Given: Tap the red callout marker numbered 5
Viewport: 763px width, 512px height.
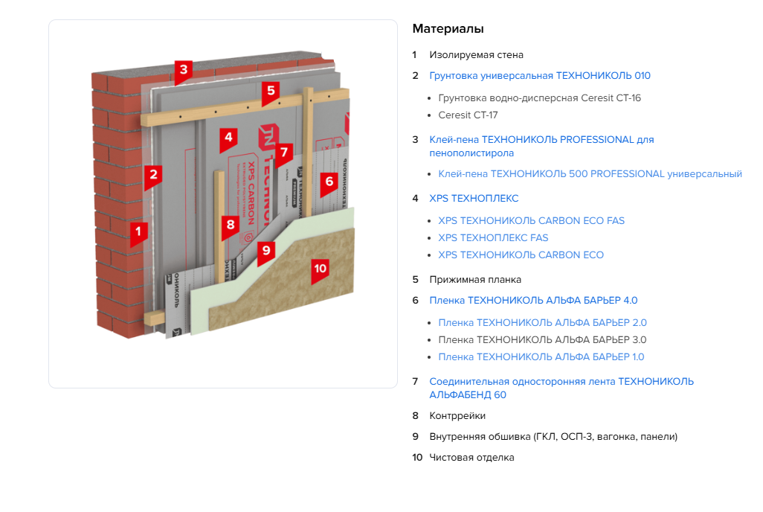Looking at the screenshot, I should (x=271, y=91).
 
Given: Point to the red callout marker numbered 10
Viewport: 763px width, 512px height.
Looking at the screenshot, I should (x=321, y=268).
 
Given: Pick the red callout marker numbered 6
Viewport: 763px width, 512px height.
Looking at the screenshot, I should (x=329, y=180).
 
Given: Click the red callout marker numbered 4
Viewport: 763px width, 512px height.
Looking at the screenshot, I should (x=229, y=137).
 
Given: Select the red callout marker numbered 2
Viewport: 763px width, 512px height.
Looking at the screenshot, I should (x=154, y=175).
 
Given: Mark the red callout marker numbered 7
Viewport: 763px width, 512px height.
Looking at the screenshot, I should (x=283, y=153).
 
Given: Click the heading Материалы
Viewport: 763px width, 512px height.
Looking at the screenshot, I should (x=448, y=29).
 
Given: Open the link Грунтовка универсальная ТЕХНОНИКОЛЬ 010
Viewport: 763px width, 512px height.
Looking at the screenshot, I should (x=540, y=76).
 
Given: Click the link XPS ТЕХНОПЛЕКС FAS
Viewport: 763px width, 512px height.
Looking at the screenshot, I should (x=493, y=238).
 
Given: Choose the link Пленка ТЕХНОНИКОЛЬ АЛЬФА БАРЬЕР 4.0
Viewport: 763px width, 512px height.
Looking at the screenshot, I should (x=533, y=301).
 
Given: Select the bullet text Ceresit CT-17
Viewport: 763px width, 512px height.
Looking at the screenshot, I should (x=468, y=115).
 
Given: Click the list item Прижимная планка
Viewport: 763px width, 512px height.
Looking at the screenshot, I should (x=475, y=280).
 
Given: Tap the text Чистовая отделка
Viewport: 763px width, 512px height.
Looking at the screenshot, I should (x=471, y=458).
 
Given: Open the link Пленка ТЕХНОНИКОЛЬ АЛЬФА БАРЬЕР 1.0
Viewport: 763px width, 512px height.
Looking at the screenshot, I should (x=541, y=357).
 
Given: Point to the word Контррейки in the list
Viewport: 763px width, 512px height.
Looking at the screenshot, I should (x=457, y=416).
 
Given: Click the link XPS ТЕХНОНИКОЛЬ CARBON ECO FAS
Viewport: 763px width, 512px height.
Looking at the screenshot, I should (x=531, y=221).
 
